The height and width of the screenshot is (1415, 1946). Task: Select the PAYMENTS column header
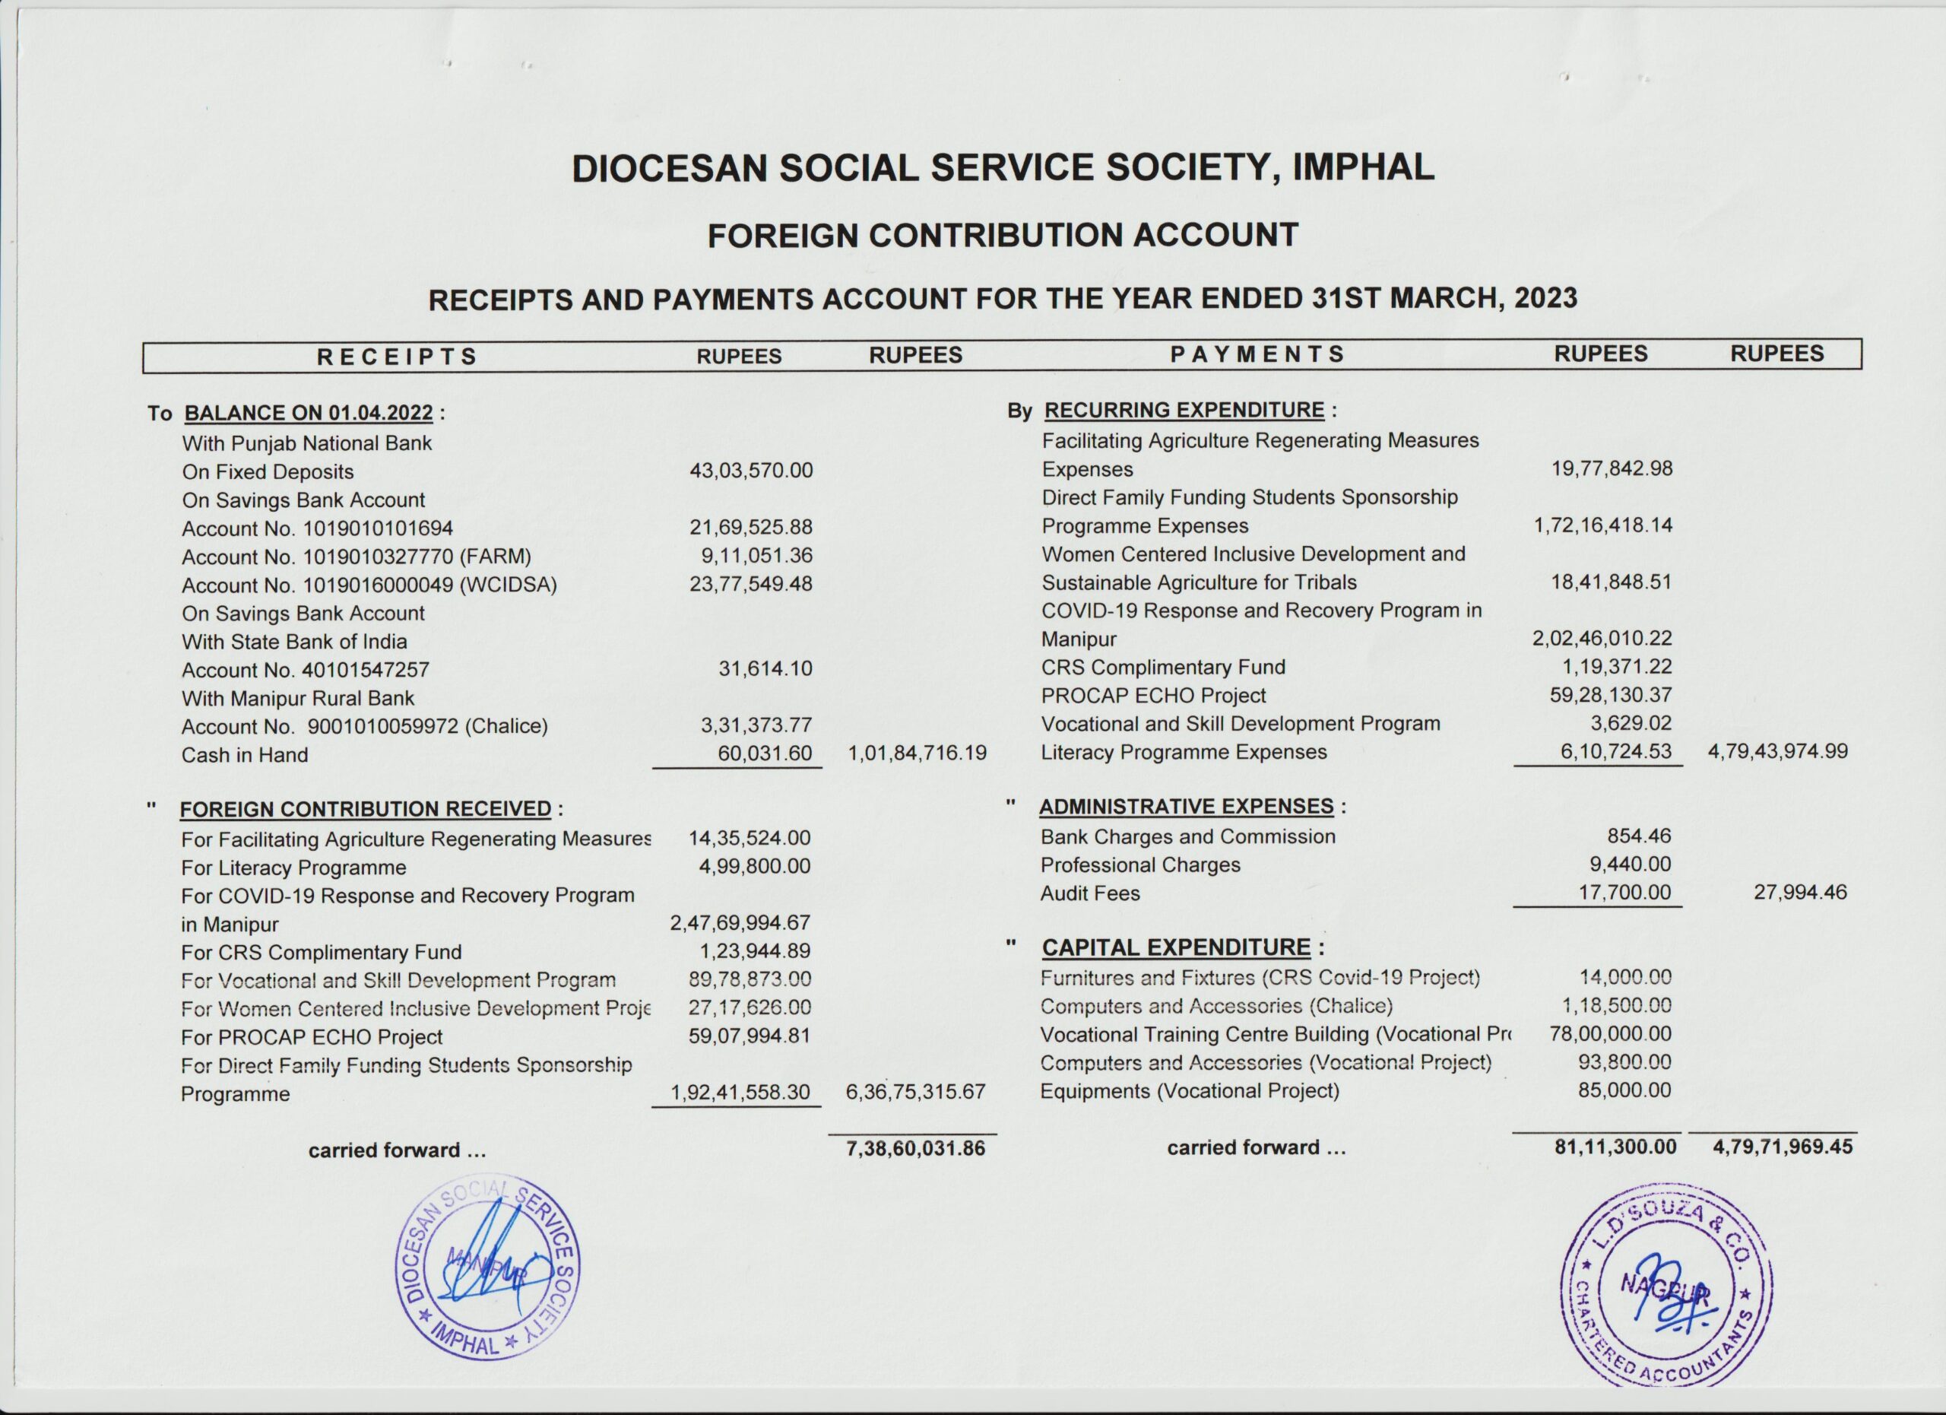1257,354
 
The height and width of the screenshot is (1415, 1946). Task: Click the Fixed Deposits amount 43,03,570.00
751,471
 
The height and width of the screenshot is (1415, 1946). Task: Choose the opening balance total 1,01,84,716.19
917,754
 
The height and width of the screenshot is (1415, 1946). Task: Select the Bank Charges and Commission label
1187,836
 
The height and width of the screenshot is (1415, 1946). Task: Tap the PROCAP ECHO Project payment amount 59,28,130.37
1611,695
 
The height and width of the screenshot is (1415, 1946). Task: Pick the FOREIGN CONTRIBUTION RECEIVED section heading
366,809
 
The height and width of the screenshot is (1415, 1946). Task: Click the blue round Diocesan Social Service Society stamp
486,1266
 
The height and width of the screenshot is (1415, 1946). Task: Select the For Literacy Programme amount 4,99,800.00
754,867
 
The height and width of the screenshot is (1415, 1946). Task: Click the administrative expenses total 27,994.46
1800,893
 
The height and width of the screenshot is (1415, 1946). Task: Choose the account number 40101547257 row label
305,670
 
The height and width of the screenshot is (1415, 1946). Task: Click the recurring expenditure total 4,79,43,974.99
1778,752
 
